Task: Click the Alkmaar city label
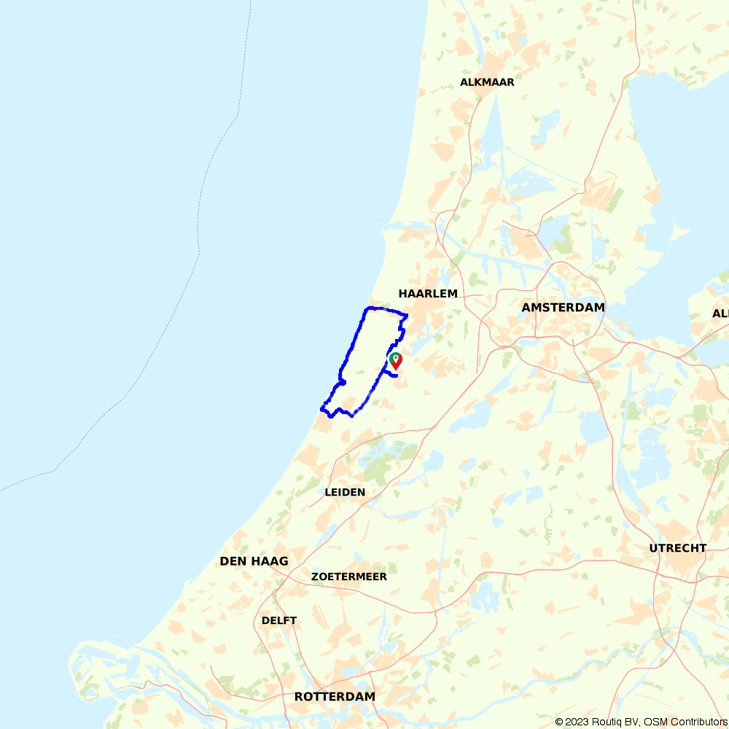pyautogui.click(x=487, y=82)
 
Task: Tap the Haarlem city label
pyautogui.click(x=428, y=294)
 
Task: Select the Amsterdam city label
pyautogui.click(x=563, y=308)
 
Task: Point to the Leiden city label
pyautogui.click(x=345, y=492)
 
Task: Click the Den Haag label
pyautogui.click(x=254, y=561)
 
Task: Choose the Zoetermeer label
pyautogui.click(x=348, y=577)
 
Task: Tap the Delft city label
pyautogui.click(x=279, y=620)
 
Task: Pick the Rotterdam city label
pyautogui.click(x=335, y=697)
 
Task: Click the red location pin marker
pyautogui.click(x=396, y=361)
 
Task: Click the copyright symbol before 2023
pyautogui.click(x=560, y=722)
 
